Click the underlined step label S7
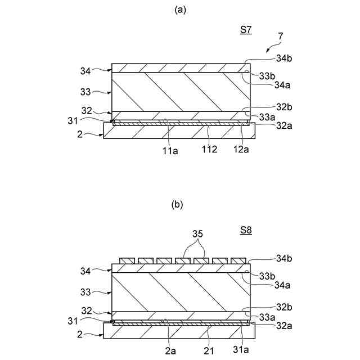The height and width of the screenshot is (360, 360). pos(246,31)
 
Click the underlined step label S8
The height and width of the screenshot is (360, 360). pos(246,231)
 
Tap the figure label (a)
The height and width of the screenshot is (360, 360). pos(179,10)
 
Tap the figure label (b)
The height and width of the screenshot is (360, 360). pos(179,205)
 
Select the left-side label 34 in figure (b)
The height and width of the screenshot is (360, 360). pos(85,271)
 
